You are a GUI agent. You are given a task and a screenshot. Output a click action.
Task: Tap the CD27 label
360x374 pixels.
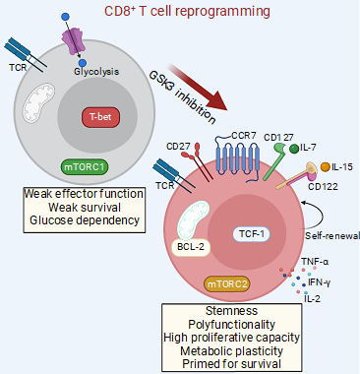coord(178,148)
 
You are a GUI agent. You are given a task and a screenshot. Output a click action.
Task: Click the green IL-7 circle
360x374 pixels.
coord(293,149)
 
